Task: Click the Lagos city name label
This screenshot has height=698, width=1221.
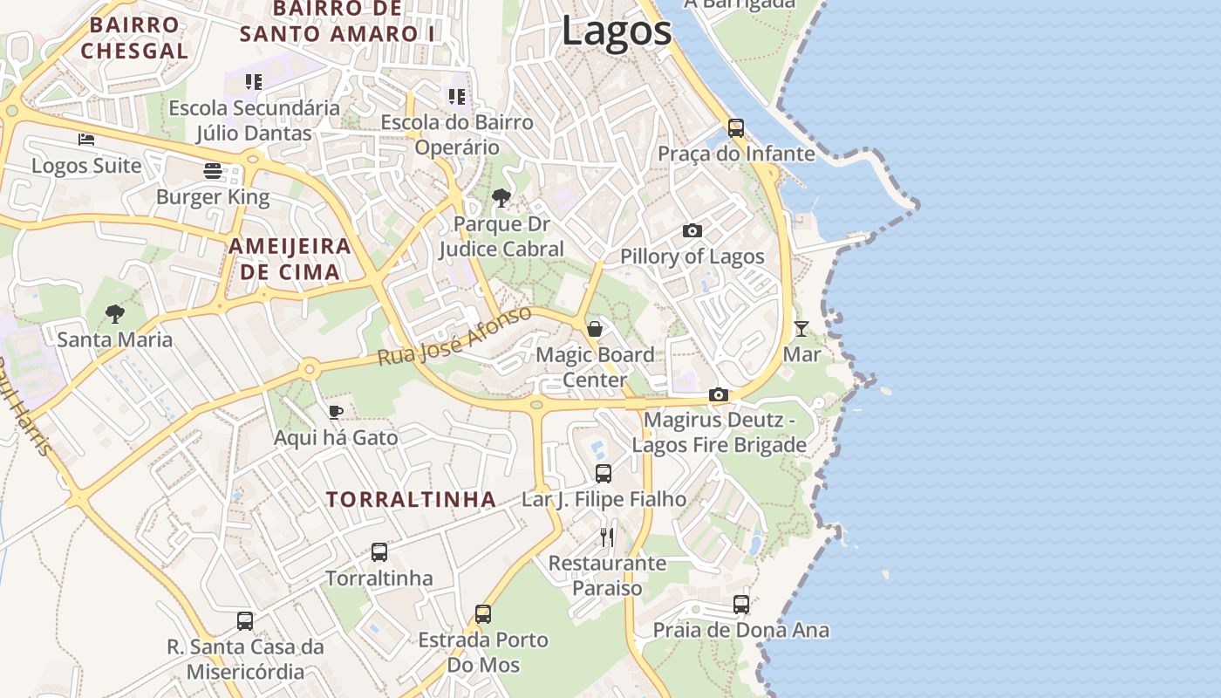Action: click(617, 31)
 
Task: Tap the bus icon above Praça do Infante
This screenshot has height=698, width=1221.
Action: click(736, 128)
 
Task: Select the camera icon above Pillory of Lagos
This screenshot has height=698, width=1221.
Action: click(692, 231)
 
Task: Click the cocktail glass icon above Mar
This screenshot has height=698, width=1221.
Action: click(801, 329)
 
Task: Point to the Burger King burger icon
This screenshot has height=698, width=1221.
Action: click(213, 170)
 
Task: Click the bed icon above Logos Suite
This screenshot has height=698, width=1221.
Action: click(85, 139)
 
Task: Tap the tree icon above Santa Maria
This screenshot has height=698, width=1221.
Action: click(114, 313)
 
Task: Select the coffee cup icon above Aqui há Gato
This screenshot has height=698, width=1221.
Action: click(336, 412)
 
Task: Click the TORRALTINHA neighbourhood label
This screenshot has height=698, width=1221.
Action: click(411, 500)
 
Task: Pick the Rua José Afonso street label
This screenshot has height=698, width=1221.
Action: click(454, 337)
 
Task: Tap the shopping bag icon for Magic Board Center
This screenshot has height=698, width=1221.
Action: click(595, 329)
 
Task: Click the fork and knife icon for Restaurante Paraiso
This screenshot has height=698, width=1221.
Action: click(607, 537)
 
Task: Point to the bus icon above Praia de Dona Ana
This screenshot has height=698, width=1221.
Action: click(741, 604)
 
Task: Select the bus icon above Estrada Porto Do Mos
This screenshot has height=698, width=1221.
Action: click(483, 614)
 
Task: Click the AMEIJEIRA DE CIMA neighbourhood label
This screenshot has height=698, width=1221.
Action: click(290, 259)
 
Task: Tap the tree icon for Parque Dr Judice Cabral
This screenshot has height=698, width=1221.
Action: click(501, 198)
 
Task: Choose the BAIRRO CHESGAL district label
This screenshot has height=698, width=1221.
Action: click(134, 38)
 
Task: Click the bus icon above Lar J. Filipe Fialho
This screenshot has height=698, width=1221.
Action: click(604, 474)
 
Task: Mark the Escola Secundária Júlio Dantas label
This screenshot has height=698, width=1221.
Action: click(254, 120)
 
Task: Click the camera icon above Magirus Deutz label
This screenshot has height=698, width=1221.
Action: click(719, 394)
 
